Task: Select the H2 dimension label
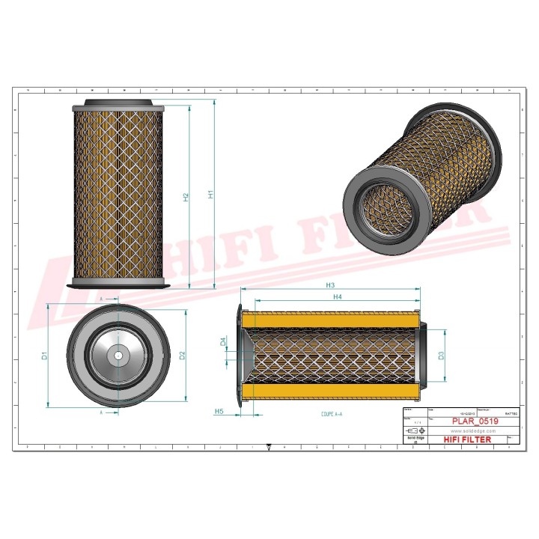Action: [186, 197]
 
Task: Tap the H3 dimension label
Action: [329, 285]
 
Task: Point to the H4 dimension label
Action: [337, 297]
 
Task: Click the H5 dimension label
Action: [219, 412]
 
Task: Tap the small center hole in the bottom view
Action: [118, 355]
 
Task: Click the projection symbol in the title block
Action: [412, 432]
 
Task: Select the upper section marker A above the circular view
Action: [101, 298]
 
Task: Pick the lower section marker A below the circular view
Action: [101, 412]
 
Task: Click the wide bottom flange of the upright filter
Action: [118, 285]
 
